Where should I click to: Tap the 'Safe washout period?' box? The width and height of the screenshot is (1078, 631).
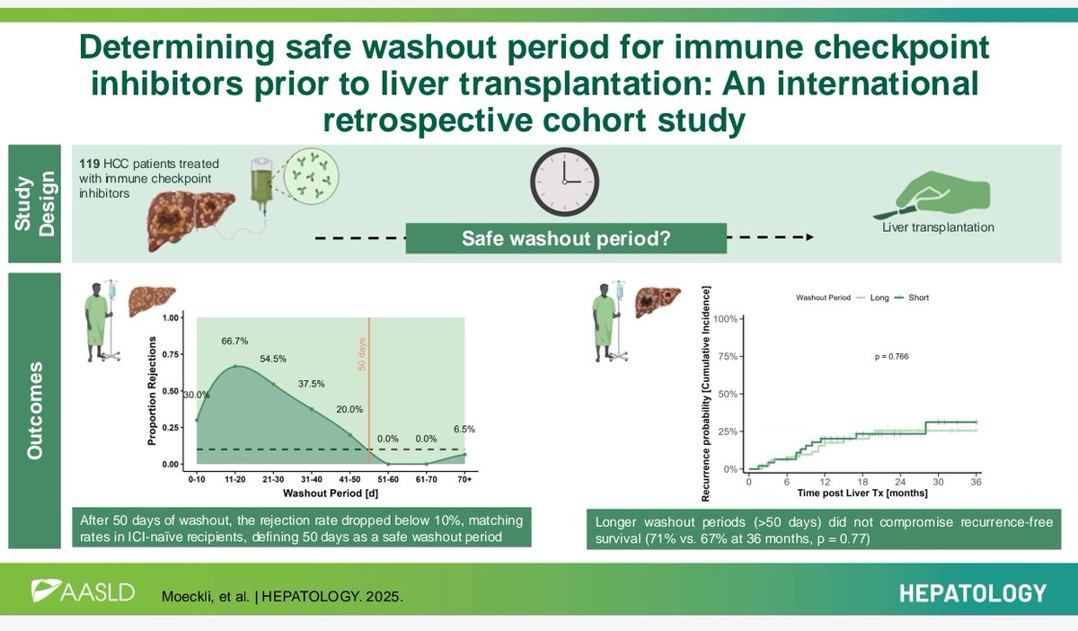point(565,239)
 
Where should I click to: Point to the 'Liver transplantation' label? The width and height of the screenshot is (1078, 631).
point(940,227)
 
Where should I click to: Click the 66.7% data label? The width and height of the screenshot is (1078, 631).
point(234,342)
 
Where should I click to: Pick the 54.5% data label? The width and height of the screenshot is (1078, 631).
point(274,359)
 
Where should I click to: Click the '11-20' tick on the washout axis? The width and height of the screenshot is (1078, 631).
point(235,480)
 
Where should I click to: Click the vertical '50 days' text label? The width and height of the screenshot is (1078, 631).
point(362,352)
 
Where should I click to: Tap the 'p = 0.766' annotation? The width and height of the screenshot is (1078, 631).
point(892,356)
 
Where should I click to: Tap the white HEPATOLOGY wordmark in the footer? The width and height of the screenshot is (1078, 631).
point(972,592)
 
